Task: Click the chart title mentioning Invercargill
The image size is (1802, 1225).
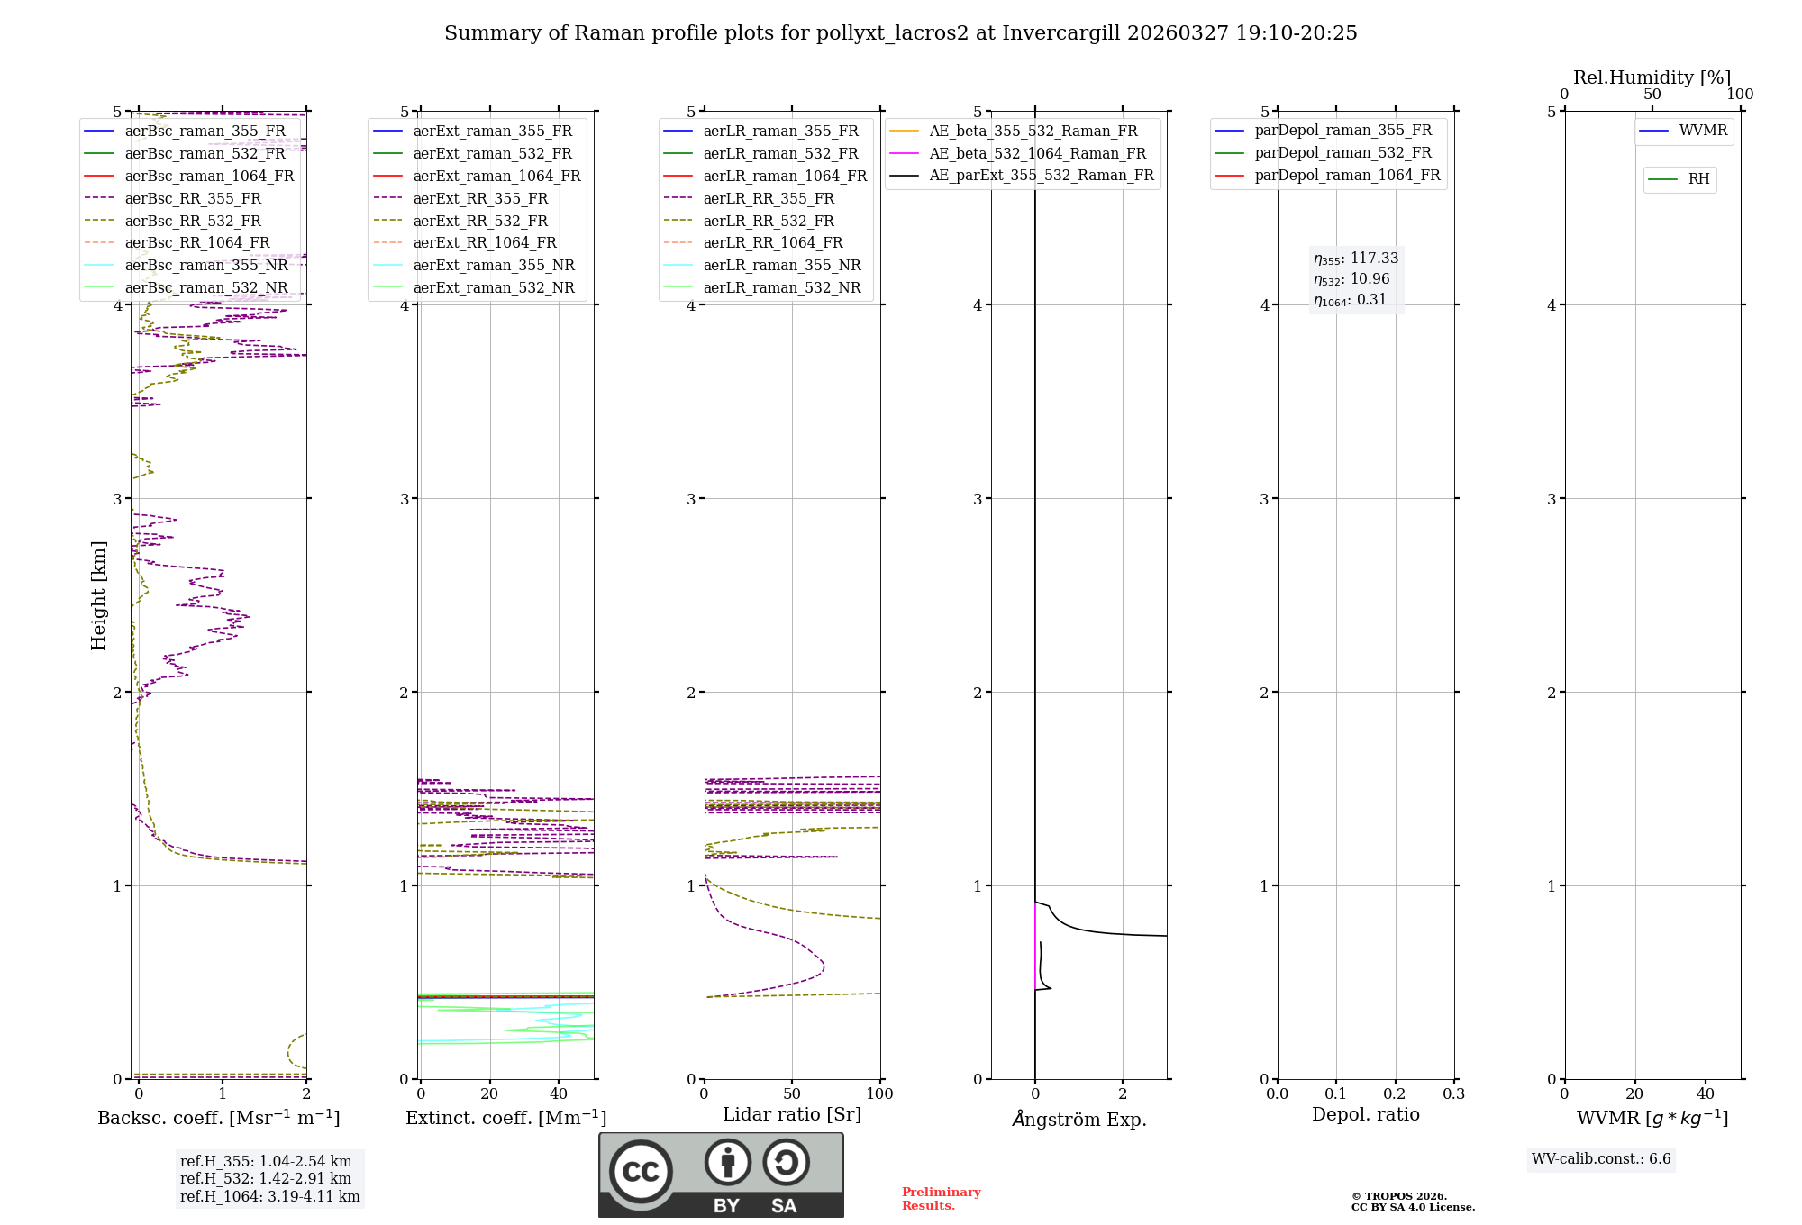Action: point(900,33)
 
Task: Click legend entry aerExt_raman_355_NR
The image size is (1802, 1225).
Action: point(494,265)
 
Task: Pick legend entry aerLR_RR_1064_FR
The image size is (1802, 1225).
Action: point(773,242)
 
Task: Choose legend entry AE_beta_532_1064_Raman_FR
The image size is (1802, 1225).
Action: point(1037,153)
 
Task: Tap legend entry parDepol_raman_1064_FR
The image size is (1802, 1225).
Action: point(1347,175)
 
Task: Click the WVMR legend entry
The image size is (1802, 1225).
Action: point(1703,131)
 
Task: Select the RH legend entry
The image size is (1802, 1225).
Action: point(1698,179)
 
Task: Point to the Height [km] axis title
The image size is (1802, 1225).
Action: point(98,594)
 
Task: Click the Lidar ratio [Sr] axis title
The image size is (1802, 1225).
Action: point(792,1114)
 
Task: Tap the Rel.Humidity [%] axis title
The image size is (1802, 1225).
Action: point(1652,77)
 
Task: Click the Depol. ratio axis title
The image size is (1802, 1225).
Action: point(1365,1114)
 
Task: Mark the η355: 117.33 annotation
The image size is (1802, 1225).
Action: point(1356,259)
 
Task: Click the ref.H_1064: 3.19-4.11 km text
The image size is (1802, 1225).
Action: point(269,1196)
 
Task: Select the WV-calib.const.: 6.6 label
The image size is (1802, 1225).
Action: point(1601,1158)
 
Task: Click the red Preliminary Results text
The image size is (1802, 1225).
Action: point(941,1199)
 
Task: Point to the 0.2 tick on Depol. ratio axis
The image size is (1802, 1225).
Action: point(1395,1093)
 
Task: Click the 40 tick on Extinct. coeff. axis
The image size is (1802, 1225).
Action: point(559,1093)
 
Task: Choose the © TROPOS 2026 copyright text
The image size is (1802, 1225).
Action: point(1399,1196)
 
